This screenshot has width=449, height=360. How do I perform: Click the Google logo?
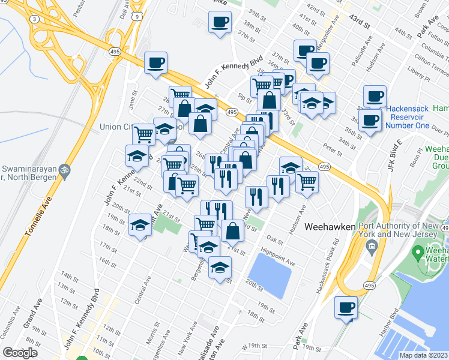click(x=20, y=353)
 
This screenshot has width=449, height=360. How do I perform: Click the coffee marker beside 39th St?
click(x=219, y=22)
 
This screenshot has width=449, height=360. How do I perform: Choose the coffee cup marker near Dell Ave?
click(x=155, y=62)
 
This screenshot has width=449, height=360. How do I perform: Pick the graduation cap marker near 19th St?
click(x=140, y=224)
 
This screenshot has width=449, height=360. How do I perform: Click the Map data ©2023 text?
click(x=424, y=355)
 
